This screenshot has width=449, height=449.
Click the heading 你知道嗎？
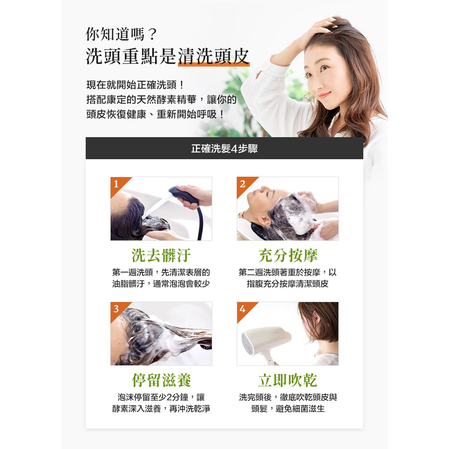point(121,34)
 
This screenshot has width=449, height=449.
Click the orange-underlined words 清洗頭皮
point(214,56)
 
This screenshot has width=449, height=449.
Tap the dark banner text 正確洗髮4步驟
point(224,148)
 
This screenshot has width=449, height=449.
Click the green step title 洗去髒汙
point(161,255)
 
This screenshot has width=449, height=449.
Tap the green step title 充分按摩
point(288,255)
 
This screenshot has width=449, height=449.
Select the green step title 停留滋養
point(161,380)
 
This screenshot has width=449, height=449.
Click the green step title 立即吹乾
point(288,380)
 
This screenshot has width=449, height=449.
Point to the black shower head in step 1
point(183,195)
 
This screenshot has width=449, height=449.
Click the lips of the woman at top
point(324,95)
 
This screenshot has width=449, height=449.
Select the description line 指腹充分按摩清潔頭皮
point(288,284)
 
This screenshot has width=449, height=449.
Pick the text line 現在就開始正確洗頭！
point(135,85)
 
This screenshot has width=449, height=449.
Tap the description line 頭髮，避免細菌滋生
point(288,409)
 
